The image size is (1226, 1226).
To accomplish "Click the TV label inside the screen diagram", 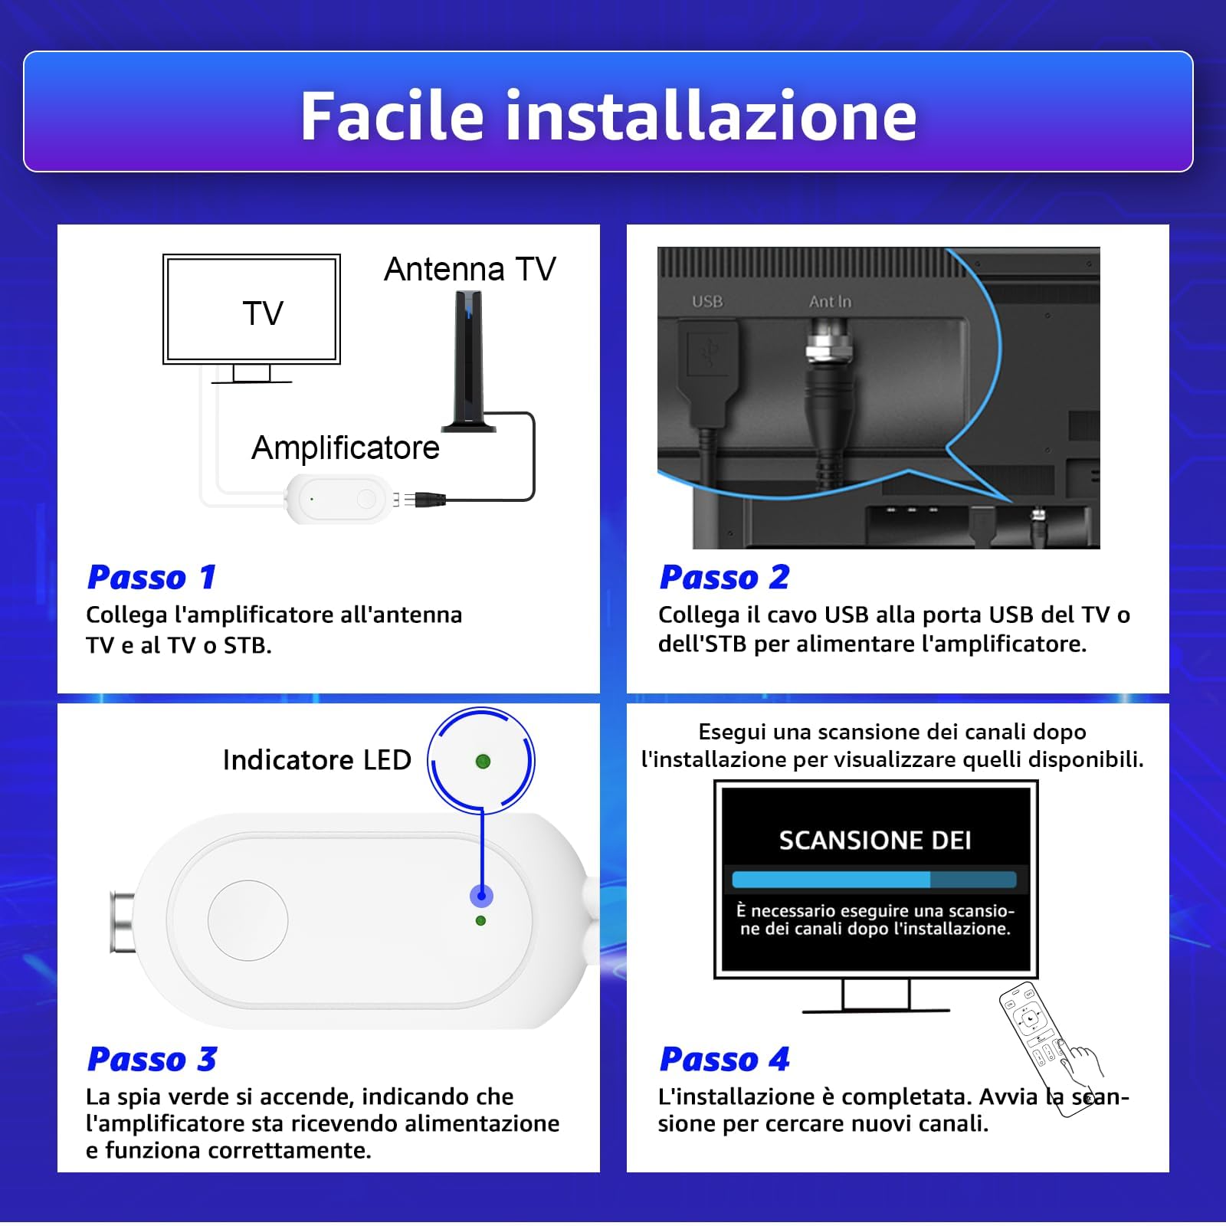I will tap(262, 313).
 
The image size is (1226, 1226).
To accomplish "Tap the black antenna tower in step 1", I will tap(467, 360).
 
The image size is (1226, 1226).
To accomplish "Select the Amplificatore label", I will tap(345, 447).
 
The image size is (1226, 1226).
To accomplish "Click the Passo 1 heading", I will tap(152, 577).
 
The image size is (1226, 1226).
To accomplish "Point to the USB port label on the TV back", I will tap(706, 301).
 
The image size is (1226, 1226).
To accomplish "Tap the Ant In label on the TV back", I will tap(830, 301).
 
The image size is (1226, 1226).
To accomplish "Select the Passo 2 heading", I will tap(724, 577).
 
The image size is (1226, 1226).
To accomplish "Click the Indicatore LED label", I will tap(316, 760).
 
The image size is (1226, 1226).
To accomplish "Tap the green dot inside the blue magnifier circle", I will tap(483, 761).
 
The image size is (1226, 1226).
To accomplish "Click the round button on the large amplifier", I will tap(247, 919).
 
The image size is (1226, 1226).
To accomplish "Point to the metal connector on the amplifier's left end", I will tap(123, 923).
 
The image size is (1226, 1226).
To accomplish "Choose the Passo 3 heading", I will tap(152, 1059).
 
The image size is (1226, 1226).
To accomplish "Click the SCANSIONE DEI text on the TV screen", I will tap(875, 841).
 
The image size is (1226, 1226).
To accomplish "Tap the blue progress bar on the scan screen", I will tap(831, 879).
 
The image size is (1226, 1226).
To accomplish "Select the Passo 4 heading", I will tap(724, 1059).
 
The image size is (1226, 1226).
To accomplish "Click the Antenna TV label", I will tap(470, 270).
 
